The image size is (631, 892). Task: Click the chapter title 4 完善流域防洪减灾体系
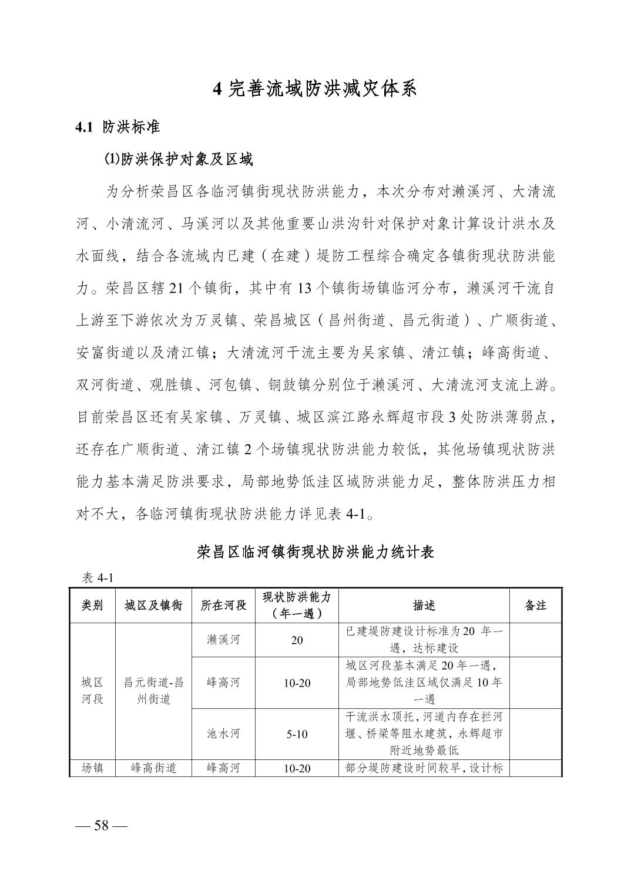point(315,89)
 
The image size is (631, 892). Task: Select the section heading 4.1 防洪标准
point(118,127)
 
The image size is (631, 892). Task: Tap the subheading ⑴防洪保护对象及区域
point(178,160)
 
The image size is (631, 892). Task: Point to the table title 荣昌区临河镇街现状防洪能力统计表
point(315,552)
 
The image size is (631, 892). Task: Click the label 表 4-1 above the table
point(98,578)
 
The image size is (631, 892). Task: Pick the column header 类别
point(92,606)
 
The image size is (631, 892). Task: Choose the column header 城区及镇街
point(153,606)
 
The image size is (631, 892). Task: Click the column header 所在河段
point(223,606)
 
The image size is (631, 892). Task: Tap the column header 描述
point(424,606)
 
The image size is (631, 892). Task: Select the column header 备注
point(535,606)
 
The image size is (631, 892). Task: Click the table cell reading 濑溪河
point(223,640)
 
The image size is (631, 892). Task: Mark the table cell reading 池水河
point(223,734)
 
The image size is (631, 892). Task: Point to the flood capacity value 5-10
point(297,734)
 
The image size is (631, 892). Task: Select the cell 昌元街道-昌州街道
point(153,691)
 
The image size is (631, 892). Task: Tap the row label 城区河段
point(92,691)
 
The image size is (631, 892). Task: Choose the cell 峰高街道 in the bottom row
point(153,768)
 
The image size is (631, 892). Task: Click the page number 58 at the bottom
point(102,825)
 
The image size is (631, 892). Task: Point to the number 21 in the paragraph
point(176,289)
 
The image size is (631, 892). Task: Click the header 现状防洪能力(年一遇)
point(297,606)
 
